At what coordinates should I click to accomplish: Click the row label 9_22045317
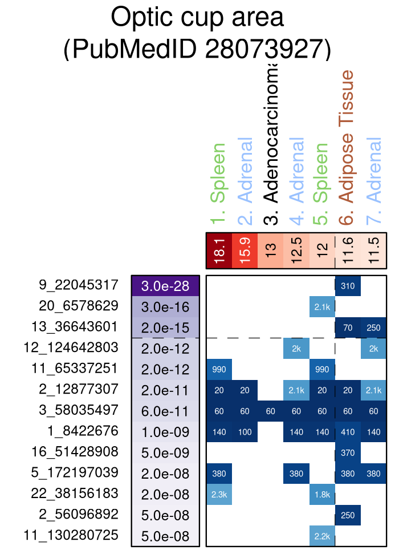tap(79, 285)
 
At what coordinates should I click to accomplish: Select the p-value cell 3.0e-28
tap(165, 285)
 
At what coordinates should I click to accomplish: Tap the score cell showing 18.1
tap(219, 250)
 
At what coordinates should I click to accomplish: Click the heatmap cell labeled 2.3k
tap(219, 494)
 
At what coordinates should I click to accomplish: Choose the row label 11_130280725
tap(71, 535)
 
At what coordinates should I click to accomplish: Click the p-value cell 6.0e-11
tap(165, 410)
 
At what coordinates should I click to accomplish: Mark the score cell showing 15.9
tap(245, 250)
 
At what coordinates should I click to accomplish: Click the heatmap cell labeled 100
tap(245, 431)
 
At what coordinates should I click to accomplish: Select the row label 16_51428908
tap(75, 452)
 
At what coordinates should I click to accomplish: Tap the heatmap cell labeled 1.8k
tap(322, 494)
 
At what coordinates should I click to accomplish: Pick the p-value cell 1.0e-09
tap(165, 431)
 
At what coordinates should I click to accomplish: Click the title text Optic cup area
tap(197, 17)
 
